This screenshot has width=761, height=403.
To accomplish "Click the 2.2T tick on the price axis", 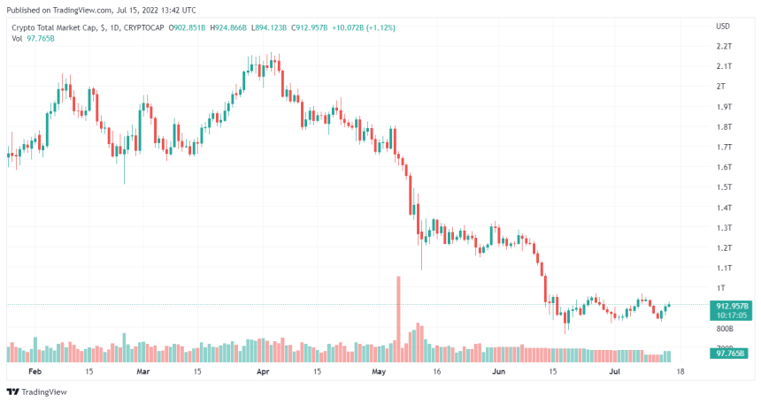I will click(723, 46).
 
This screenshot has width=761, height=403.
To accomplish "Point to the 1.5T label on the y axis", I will click(723, 187).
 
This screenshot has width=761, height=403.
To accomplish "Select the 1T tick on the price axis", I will click(721, 288).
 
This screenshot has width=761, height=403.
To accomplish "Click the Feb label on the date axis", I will click(35, 372).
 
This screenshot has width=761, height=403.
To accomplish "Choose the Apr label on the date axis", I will click(262, 372).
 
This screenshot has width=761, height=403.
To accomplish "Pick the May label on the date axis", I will click(380, 372).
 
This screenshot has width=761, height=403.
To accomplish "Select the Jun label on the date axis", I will click(498, 372).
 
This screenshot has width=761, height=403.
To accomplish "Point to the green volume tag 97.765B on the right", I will click(729, 354).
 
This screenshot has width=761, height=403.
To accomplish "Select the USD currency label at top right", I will click(723, 25).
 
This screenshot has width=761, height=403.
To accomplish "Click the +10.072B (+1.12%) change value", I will click(363, 28).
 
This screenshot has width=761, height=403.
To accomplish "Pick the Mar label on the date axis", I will click(143, 372).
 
